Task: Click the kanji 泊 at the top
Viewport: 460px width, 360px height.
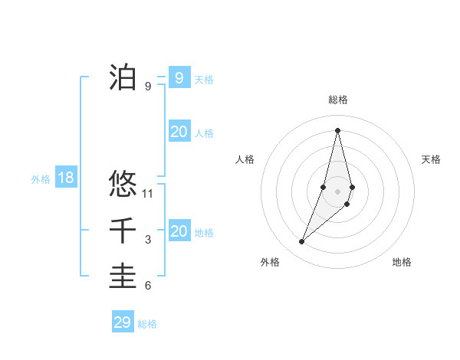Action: coord(123,77)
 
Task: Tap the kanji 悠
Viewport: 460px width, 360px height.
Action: coord(123,185)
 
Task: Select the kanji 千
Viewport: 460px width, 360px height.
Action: coord(123,231)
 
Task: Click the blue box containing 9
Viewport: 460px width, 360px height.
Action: coord(179,77)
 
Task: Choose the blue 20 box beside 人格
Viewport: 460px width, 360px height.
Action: coord(179,132)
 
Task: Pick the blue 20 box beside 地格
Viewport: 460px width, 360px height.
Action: coord(179,231)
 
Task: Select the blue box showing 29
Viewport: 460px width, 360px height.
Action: coord(123,322)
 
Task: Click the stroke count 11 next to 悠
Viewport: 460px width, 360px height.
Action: coord(148,194)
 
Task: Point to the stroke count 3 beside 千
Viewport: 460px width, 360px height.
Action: coord(148,240)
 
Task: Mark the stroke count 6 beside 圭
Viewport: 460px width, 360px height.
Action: coord(148,286)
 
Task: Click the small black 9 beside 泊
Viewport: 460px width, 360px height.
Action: coord(148,86)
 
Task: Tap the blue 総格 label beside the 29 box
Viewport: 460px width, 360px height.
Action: coord(147,324)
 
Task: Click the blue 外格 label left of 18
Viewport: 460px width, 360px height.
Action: coord(41,179)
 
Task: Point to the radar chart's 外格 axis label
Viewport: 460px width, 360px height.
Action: coord(270,262)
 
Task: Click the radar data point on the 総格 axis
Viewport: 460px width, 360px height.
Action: coord(337,130)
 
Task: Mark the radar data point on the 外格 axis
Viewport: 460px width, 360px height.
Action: coord(301,242)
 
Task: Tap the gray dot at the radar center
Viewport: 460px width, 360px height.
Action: coord(337,191)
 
